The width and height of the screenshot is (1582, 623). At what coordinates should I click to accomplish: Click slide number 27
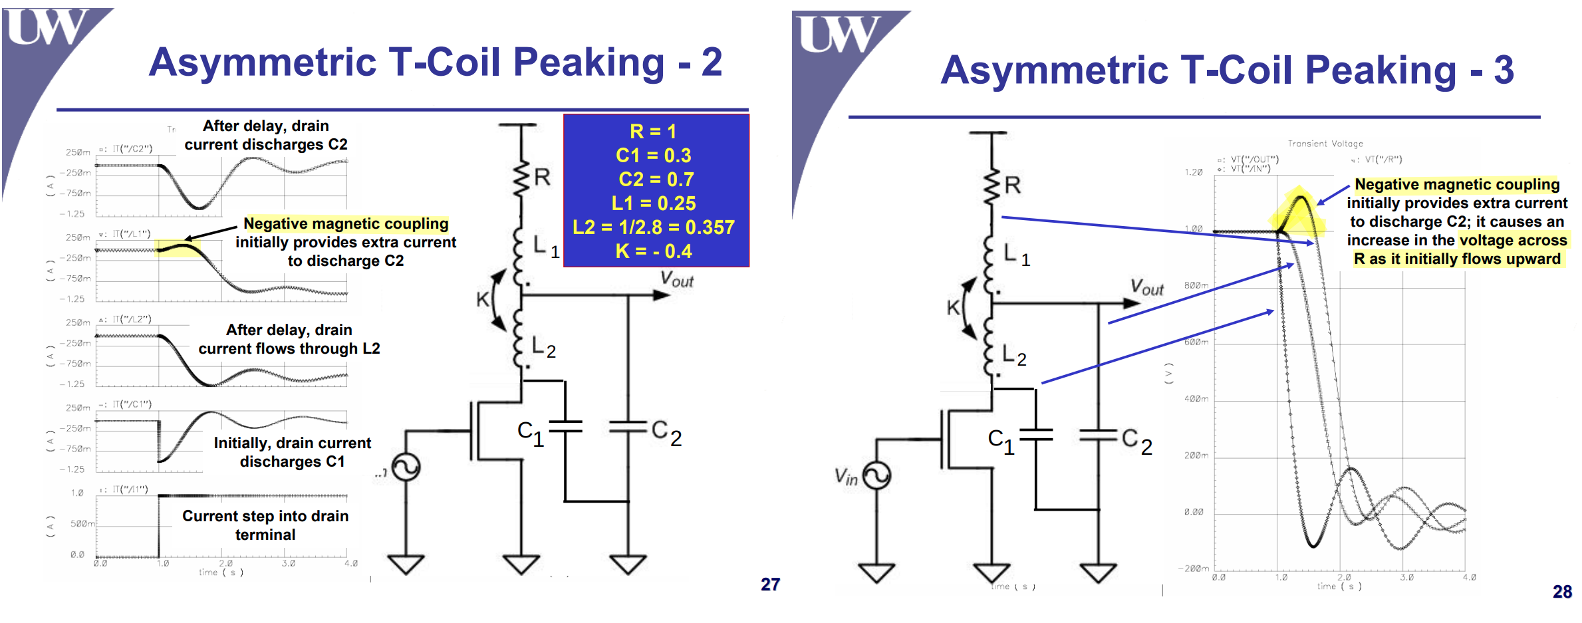(x=770, y=584)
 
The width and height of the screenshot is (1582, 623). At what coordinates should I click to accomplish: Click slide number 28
(x=1562, y=592)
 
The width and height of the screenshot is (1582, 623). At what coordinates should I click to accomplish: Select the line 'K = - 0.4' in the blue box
(x=654, y=251)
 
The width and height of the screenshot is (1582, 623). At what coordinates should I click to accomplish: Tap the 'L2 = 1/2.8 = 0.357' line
(x=654, y=227)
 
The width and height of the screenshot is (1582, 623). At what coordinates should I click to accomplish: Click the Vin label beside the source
(x=845, y=476)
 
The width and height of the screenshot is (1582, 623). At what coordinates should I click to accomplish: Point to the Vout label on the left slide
(x=676, y=280)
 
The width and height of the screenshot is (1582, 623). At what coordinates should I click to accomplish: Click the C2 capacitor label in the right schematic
(x=1136, y=440)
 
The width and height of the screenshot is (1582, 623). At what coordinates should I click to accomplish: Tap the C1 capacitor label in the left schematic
(x=531, y=433)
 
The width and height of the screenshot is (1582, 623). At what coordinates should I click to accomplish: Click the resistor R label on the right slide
(x=1013, y=186)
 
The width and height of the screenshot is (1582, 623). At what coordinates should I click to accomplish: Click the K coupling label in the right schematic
(x=953, y=308)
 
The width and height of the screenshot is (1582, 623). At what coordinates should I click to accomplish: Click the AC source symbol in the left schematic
(x=406, y=467)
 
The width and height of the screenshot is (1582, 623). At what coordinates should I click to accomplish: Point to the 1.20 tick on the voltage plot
(x=1193, y=172)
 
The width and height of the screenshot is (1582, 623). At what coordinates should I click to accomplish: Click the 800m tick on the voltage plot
(x=1196, y=285)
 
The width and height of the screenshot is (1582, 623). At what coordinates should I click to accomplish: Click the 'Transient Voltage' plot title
(x=1325, y=144)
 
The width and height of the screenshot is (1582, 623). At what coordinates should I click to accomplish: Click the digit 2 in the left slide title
(x=712, y=62)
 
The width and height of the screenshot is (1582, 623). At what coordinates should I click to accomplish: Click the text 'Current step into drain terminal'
(x=265, y=525)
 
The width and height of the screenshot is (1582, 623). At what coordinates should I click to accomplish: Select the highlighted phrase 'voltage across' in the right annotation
(x=1513, y=240)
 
